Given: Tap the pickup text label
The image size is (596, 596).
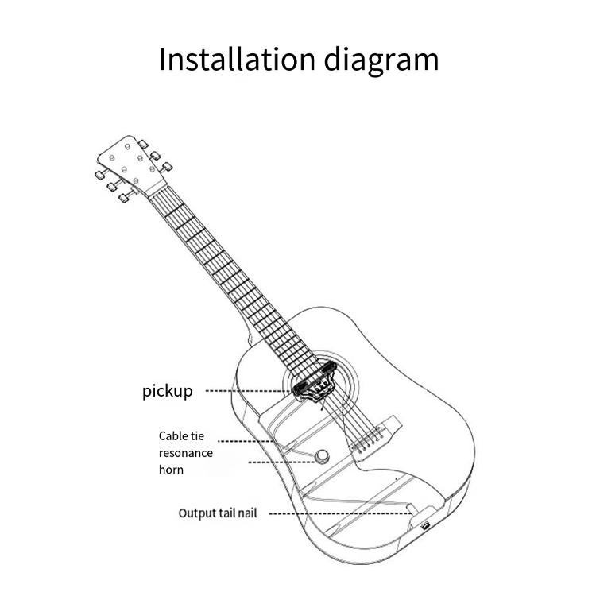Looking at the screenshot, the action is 167,391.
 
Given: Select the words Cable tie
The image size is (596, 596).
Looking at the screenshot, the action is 181,435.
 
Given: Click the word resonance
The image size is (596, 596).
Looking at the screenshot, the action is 185,453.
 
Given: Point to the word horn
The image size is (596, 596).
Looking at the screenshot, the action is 171,470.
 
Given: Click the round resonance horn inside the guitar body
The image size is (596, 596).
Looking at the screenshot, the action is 323,457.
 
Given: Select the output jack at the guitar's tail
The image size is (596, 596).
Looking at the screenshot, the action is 426,525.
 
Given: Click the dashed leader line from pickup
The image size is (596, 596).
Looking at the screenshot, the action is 246,391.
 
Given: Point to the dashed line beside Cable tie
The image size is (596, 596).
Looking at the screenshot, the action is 246,441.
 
